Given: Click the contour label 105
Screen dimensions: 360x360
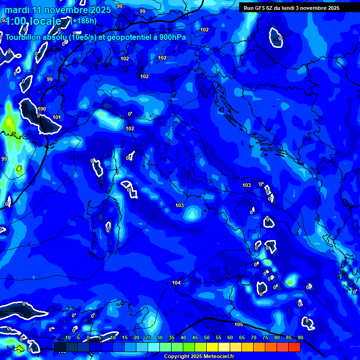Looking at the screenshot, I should tap(239, 324).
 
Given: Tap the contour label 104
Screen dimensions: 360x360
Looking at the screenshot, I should tap(176, 283).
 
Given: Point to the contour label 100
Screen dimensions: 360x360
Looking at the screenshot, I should tap(42, 109).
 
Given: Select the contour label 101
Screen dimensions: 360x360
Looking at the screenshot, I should tap(57, 117).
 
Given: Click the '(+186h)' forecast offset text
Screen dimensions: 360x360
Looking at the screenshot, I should tap(84, 21).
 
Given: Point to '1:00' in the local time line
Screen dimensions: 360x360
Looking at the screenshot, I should tap(15, 21).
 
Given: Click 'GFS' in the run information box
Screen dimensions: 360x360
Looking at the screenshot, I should tap(263, 8).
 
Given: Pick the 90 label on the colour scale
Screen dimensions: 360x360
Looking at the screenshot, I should tap(300, 337).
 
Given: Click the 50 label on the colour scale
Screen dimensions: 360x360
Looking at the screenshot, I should tap(207, 337).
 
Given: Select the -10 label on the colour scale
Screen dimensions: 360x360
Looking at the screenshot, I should tap(67, 337).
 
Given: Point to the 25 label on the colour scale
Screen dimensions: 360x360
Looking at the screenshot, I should tap(148, 337).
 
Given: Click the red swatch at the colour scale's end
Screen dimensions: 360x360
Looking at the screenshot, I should tap(294, 347).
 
